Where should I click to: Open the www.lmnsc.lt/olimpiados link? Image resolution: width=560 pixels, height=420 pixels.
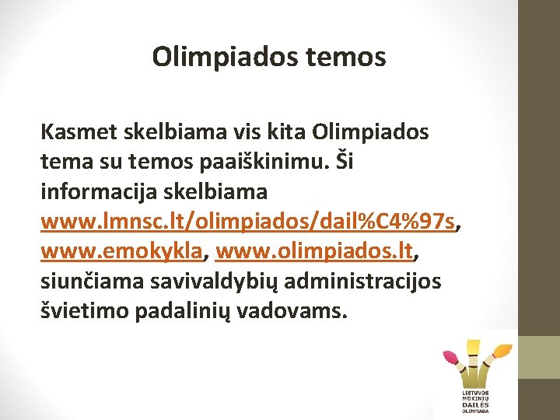247,222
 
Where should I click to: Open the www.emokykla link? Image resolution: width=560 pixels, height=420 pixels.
122,251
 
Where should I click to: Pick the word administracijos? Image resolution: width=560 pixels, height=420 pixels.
363,281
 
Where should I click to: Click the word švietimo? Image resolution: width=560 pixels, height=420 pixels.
84,311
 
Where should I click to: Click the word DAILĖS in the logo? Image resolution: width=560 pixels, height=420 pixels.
476,405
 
